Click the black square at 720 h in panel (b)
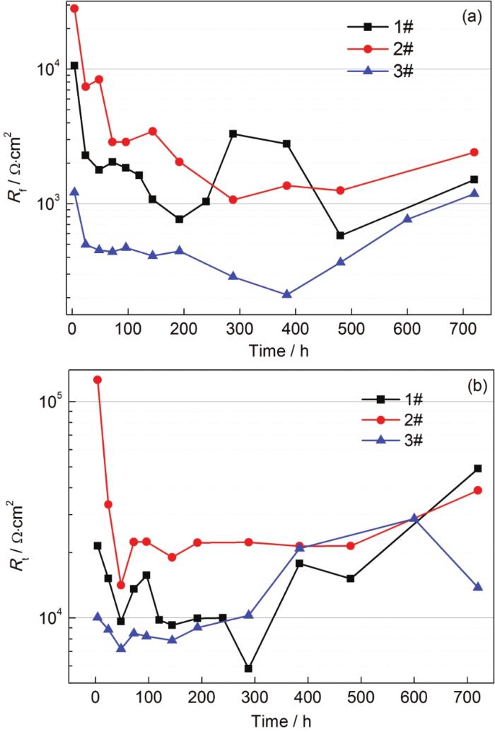click(x=477, y=468)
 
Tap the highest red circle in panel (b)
click(x=98, y=380)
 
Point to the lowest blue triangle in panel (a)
click(x=286, y=294)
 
